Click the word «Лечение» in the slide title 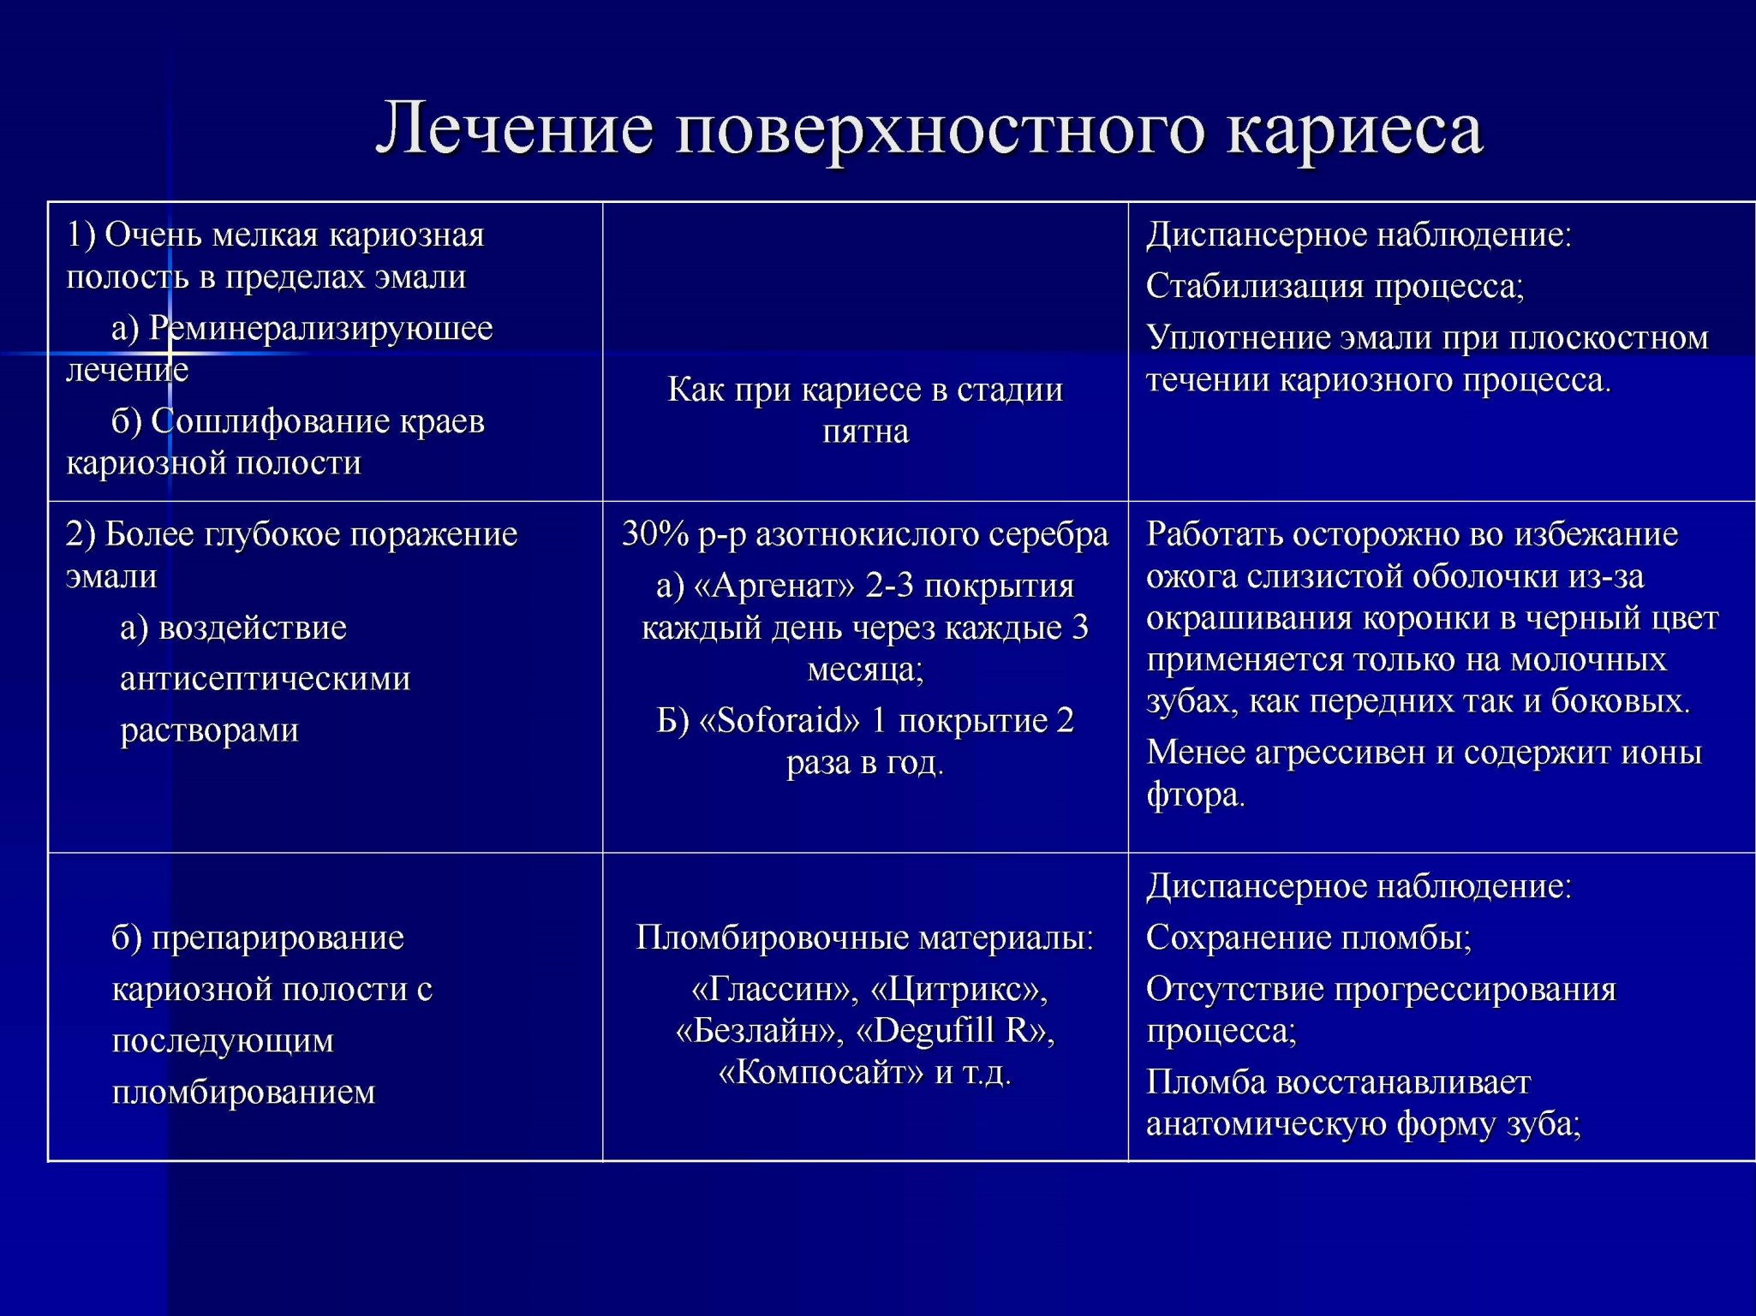click(515, 128)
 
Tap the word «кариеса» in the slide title click(1354, 130)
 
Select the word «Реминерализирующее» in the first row click(321, 329)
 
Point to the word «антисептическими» click(266, 679)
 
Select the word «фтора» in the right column click(1194, 796)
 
